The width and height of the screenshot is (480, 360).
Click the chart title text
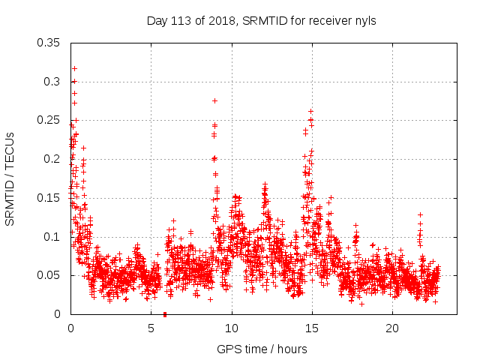[x=261, y=20]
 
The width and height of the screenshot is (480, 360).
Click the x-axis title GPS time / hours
[x=261, y=349]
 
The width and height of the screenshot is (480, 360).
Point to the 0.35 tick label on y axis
[x=50, y=42]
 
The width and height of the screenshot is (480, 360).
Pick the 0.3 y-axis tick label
[x=54, y=81]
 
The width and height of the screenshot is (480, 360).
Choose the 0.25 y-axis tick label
[x=50, y=120]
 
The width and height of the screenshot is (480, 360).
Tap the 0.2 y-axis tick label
[x=54, y=159]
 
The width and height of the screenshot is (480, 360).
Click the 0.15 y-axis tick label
[x=50, y=198]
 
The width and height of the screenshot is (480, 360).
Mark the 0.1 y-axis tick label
[x=54, y=237]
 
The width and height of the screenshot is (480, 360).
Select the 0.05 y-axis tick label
[x=50, y=275]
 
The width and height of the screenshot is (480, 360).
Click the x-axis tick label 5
[x=151, y=329]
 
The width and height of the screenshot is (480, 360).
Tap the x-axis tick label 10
[x=232, y=329]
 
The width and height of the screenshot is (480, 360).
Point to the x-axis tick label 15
[x=312, y=329]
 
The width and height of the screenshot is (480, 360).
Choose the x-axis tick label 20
[x=392, y=329]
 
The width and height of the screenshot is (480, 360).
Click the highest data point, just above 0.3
[x=74, y=68]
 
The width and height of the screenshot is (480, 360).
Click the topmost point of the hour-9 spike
[x=214, y=100]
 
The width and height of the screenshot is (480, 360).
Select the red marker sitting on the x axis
[x=165, y=313]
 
